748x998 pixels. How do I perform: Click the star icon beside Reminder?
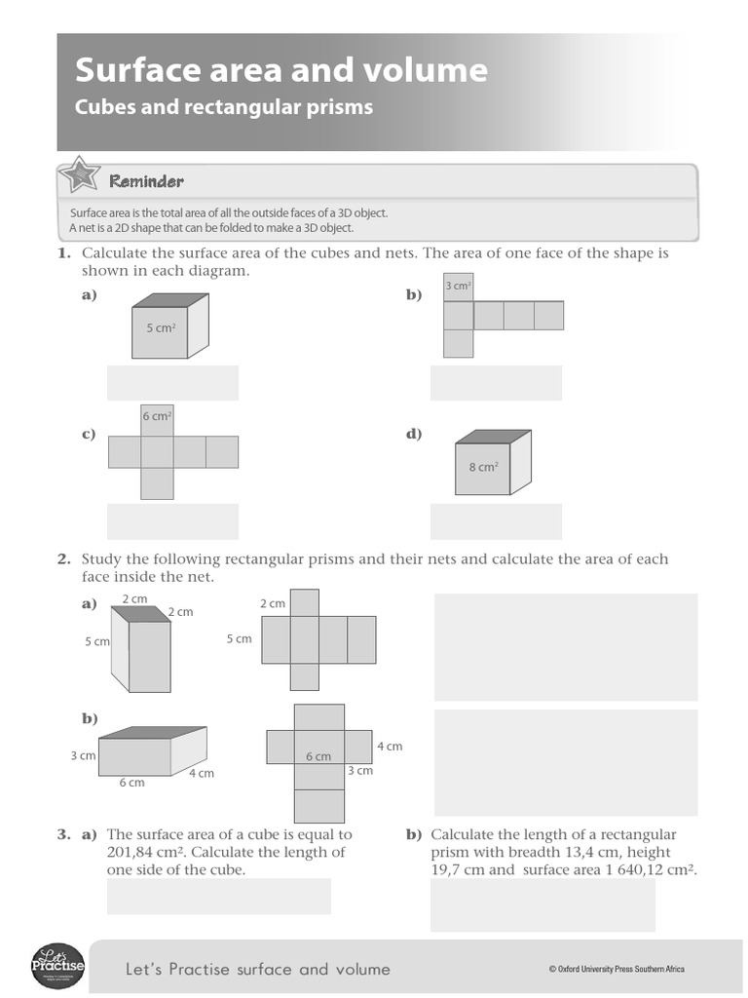tap(78, 177)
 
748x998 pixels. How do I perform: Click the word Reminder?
tap(146, 181)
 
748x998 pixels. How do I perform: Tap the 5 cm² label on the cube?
tap(161, 328)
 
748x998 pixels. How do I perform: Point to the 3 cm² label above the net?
tap(458, 286)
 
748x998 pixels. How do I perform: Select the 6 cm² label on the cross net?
tap(157, 416)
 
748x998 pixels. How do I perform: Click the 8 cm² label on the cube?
tap(483, 467)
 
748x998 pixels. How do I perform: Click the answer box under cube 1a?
tap(172, 383)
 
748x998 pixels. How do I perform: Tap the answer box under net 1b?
tap(496, 383)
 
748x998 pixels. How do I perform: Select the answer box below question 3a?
tap(218, 897)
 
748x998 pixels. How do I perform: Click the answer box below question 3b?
tap(542, 906)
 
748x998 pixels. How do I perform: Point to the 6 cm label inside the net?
tap(318, 756)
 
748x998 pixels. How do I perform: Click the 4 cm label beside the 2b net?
tap(389, 747)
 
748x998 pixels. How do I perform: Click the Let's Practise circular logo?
tap(58, 967)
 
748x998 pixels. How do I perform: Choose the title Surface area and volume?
tap(281, 70)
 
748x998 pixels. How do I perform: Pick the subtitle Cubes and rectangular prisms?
tap(224, 107)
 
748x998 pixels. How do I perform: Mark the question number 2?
tap(64, 559)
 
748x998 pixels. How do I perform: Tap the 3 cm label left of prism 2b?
tap(83, 755)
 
